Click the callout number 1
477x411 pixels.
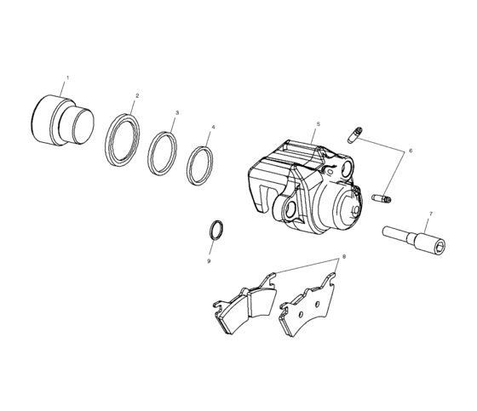(x=68, y=78)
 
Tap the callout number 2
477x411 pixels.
(x=137, y=95)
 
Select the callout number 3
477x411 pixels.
(x=176, y=112)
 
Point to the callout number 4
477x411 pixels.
(x=213, y=128)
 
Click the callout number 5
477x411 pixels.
(x=317, y=124)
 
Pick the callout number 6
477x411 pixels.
(x=410, y=151)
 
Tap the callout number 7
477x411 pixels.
(x=430, y=214)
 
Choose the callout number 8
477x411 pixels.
(x=343, y=256)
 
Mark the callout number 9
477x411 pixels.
(x=208, y=261)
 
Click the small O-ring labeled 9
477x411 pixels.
(x=218, y=231)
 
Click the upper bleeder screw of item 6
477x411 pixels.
(x=356, y=134)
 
